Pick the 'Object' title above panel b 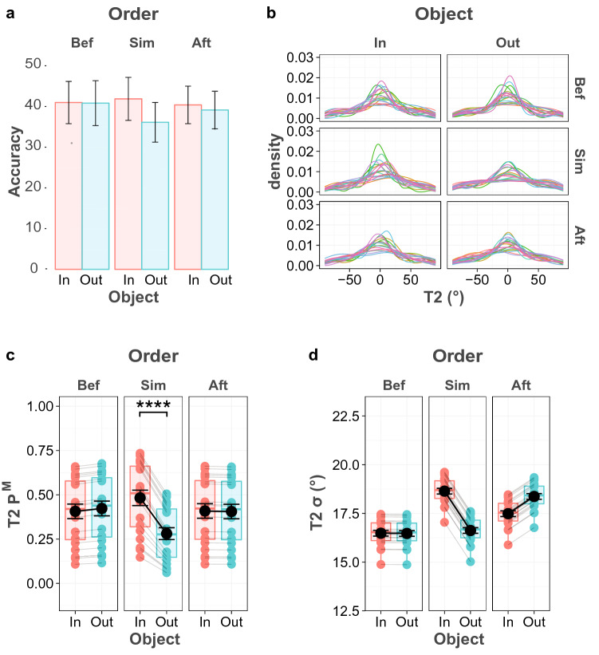pos(425,14)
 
